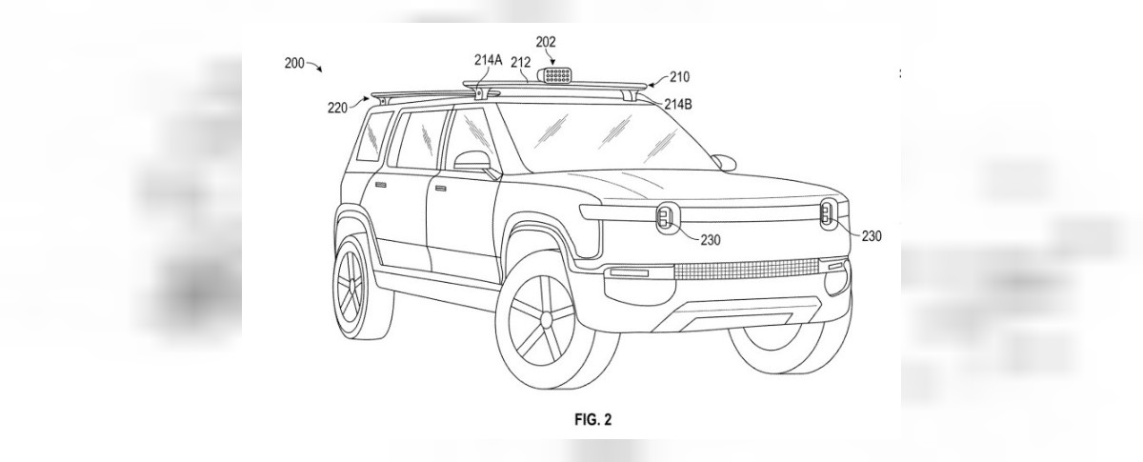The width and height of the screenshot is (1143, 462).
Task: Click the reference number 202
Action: point(547,42)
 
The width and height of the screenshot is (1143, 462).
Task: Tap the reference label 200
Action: point(294,64)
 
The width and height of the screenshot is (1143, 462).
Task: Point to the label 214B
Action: point(672,104)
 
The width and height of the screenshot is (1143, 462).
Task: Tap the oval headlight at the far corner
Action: point(827,213)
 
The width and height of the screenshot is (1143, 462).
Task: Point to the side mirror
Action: point(475,162)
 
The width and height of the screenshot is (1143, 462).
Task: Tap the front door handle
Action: point(440,188)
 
